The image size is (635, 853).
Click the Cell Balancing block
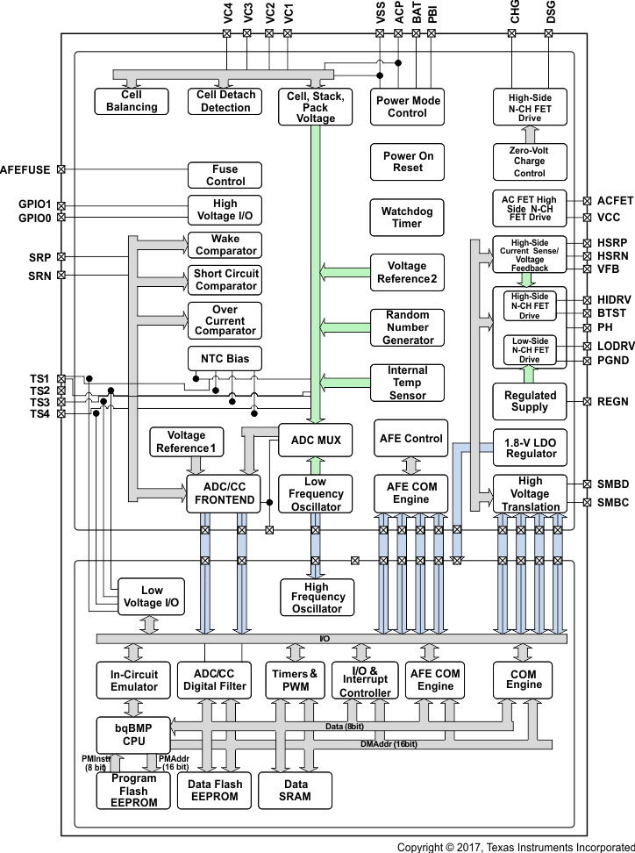click(x=132, y=101)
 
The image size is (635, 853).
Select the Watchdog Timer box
click(x=407, y=217)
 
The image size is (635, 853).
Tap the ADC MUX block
click(x=316, y=439)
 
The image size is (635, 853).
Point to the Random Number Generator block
click(x=407, y=327)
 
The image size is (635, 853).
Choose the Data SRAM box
click(x=296, y=790)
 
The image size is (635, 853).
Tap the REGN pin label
click(x=612, y=401)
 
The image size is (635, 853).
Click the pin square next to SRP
click(x=61, y=257)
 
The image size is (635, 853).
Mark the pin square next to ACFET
click(x=586, y=200)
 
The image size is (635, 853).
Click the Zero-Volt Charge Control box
click(x=530, y=161)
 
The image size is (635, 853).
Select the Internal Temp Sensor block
click(x=407, y=383)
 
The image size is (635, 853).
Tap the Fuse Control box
click(x=225, y=176)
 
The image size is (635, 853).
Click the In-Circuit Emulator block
click(x=133, y=680)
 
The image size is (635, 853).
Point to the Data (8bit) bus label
click(x=344, y=727)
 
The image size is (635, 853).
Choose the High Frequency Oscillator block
click(x=316, y=598)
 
